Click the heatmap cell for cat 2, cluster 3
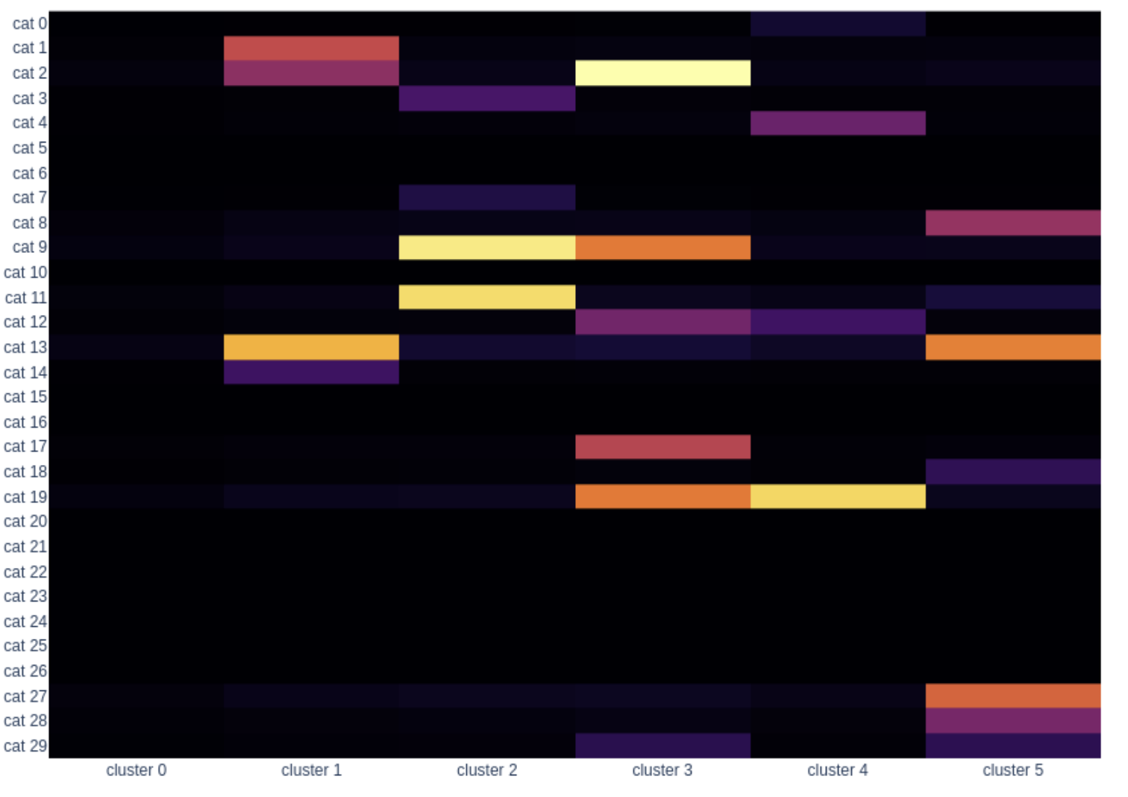662,73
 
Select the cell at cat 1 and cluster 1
311,49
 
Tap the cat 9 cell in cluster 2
487,248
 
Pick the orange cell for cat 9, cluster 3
662,248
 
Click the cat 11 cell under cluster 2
487,297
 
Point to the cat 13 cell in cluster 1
311,347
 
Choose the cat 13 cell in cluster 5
1013,347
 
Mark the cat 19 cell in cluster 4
838,496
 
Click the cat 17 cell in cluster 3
662,447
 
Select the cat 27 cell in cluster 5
1013,696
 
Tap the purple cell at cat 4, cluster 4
838,123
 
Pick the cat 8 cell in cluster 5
1013,223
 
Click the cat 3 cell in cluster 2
487,99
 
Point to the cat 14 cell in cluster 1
311,372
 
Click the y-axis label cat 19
25,497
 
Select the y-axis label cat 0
30,24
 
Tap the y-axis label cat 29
25,746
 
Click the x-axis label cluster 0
137,770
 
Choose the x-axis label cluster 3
662,770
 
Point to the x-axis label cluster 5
1013,770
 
